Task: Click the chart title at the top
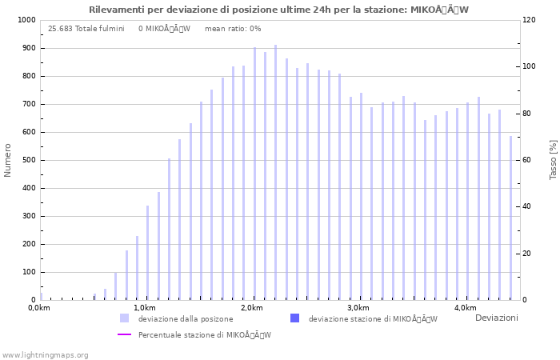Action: tap(279, 10)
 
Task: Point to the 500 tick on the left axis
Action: tap(29, 160)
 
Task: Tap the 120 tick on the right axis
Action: tap(530, 20)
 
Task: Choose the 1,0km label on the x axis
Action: tap(144, 308)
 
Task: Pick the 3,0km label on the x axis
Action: tap(358, 308)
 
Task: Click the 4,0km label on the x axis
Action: tap(466, 308)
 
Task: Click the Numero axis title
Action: tap(8, 160)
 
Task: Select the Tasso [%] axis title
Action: tap(553, 160)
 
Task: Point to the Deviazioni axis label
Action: tap(496, 318)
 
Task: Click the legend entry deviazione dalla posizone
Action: tap(186, 318)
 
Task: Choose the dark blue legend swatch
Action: tap(294, 318)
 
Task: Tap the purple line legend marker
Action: tap(124, 334)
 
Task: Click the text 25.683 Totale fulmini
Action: tap(86, 29)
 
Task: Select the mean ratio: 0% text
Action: tap(233, 29)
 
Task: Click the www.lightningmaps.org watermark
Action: tap(45, 354)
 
